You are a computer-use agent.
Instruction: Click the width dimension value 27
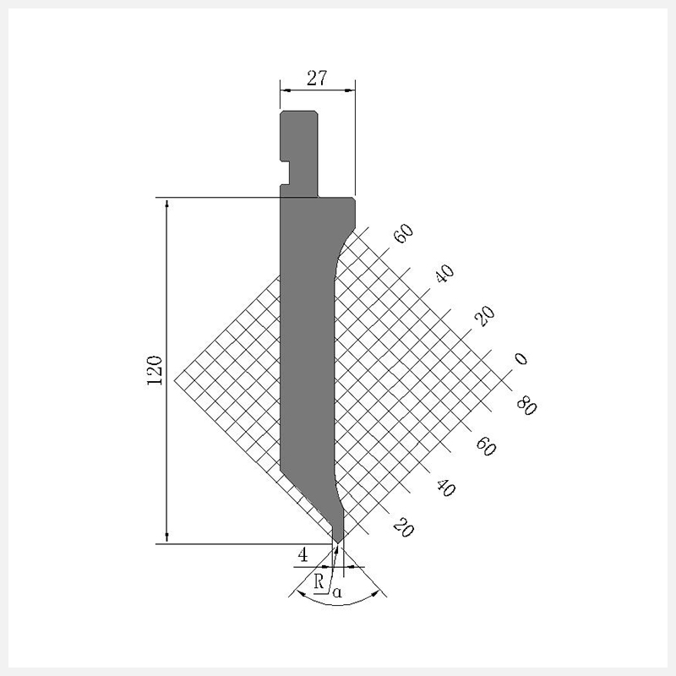(x=317, y=79)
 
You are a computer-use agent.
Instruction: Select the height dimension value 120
(x=155, y=371)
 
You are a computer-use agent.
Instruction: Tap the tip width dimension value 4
(x=303, y=556)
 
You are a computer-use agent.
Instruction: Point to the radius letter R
(x=319, y=581)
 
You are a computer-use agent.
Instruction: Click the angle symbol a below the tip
(x=337, y=592)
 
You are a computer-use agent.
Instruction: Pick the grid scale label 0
(x=521, y=358)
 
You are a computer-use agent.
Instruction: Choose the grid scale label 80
(x=526, y=406)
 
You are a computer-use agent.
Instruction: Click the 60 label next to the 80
(x=486, y=446)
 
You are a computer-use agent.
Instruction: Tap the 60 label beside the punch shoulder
(x=404, y=234)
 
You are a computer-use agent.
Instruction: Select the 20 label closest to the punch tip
(x=404, y=527)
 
